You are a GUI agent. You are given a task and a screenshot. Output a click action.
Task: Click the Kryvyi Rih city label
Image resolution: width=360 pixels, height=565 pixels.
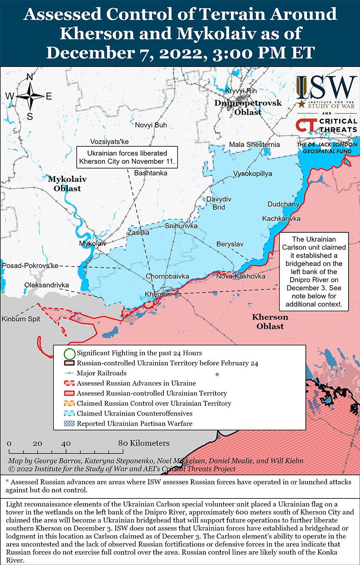pos(241,91)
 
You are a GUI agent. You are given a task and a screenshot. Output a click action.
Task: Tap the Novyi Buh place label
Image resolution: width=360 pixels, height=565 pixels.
pos(151,125)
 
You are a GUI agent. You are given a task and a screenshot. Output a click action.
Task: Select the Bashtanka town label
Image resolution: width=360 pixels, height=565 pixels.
pos(150,173)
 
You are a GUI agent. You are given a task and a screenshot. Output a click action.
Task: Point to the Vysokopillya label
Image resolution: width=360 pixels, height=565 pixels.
pos(252,174)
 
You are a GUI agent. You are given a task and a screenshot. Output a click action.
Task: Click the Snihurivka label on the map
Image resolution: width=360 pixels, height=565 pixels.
pos(181,226)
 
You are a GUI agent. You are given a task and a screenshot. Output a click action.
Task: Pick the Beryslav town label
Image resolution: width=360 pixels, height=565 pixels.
pos(230,244)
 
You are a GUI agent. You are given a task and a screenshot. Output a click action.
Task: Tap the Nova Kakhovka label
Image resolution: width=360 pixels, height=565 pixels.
pos(241,276)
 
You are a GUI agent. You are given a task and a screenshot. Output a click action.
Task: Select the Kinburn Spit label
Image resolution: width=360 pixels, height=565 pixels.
pos(20,319)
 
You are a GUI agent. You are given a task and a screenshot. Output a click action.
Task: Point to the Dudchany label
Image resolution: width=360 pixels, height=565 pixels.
pos(283,204)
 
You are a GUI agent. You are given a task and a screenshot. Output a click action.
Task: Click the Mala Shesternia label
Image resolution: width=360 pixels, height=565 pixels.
pos(254,145)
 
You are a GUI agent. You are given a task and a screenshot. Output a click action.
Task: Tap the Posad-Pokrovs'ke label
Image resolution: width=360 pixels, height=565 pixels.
pos(30,265)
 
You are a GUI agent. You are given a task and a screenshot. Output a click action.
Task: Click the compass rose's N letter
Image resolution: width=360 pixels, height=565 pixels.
pos(30,77)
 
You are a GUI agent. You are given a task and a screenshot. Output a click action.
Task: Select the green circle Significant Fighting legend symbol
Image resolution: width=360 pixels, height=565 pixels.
pos(69,353)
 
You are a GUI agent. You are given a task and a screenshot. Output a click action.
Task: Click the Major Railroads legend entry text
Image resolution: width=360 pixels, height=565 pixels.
pos(102,373)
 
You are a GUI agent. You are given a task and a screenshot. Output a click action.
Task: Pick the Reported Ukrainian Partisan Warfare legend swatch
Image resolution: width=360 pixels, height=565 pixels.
pos(69,423)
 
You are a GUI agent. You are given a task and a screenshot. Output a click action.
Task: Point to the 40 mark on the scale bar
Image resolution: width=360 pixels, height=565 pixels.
pos(66,444)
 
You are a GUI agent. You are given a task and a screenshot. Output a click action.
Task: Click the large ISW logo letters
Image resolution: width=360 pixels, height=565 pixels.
pos(326,88)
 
